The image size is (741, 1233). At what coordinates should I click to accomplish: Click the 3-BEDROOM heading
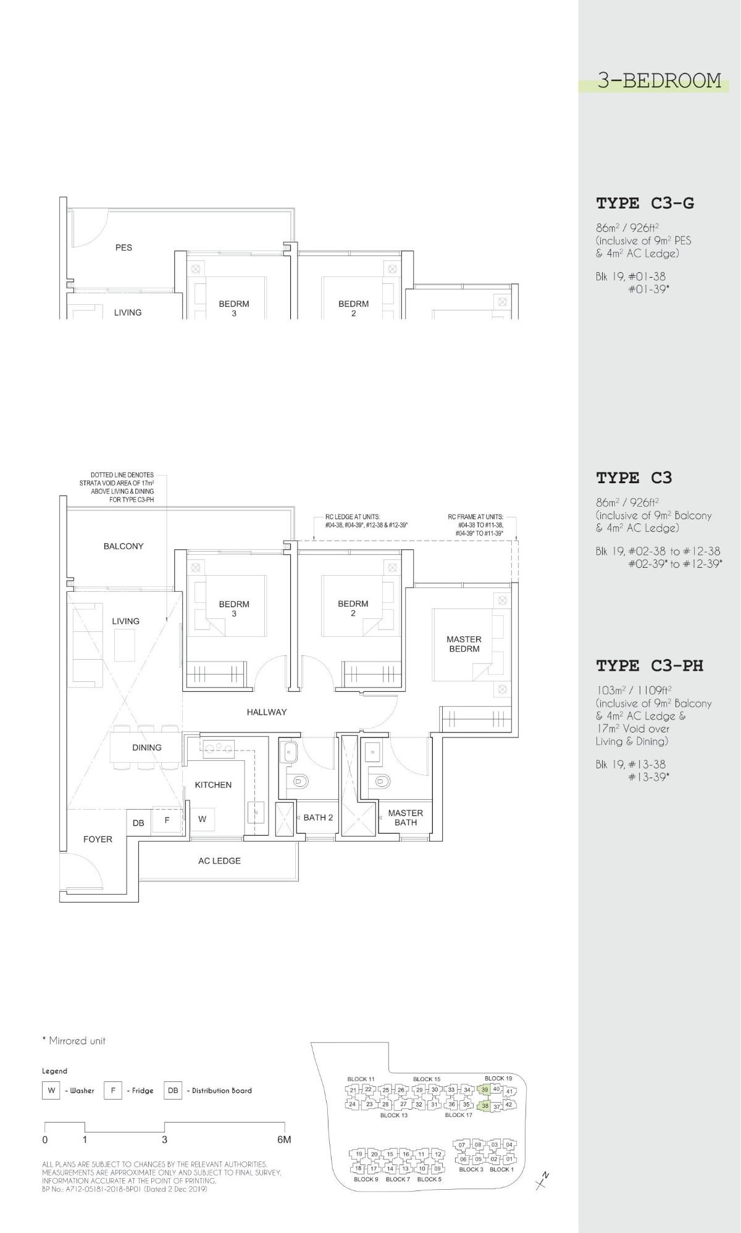659,81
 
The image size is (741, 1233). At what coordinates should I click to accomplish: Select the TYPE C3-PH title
650,666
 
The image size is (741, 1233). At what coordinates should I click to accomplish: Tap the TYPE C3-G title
645,204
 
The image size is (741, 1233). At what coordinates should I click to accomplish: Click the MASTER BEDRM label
464,644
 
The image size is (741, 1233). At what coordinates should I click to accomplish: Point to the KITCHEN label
213,785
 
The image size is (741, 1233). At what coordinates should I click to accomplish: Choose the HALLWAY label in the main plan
267,712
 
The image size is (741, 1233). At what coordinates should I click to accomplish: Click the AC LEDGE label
219,861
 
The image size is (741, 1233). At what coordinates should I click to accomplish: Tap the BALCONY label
124,546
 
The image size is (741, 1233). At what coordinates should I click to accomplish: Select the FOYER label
98,839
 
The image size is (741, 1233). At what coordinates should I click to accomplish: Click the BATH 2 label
318,818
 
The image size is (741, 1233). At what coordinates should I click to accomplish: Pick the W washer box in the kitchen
202,820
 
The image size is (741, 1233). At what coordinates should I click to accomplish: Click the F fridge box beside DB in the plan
167,821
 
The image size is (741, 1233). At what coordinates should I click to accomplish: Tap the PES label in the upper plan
124,247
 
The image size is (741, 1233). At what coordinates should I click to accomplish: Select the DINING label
147,747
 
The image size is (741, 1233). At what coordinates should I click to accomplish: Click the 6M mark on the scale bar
284,1140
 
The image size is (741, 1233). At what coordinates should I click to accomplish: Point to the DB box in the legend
173,1090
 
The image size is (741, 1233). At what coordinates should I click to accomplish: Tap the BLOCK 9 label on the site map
366,1179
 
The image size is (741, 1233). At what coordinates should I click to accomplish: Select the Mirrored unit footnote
73,1041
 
